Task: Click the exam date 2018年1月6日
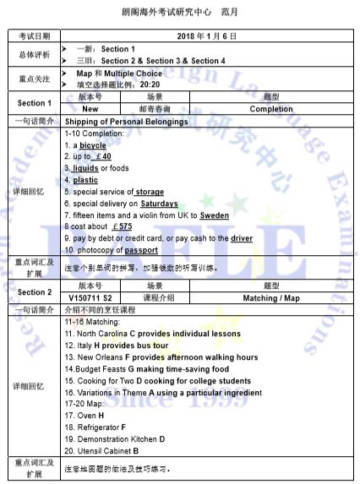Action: pos(206,37)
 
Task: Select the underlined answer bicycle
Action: pos(93,145)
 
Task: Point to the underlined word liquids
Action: pos(85,168)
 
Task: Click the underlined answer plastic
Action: pos(85,180)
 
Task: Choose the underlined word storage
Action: pos(150,192)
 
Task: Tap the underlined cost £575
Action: pos(121,227)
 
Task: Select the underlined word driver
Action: pos(241,239)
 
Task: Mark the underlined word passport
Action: pos(141,251)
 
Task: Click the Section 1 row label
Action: pos(34,103)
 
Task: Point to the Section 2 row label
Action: pos(34,292)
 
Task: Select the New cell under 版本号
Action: pos(90,109)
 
